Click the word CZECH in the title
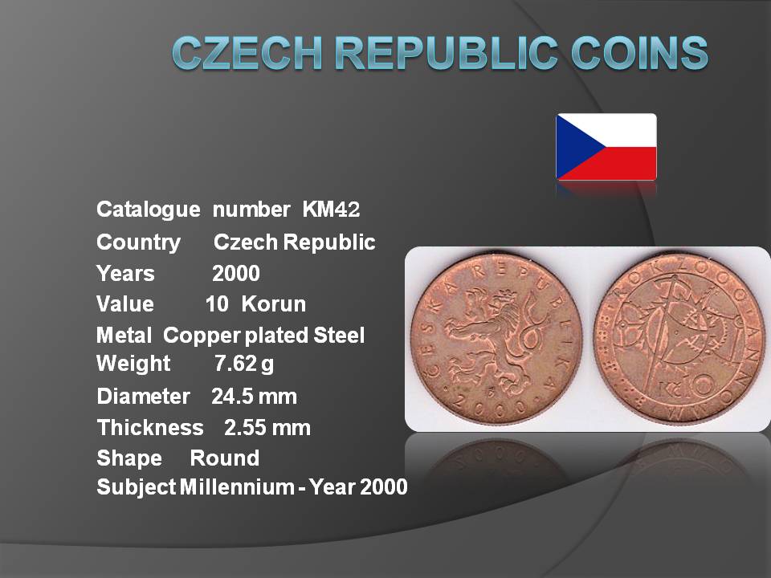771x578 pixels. click(x=247, y=52)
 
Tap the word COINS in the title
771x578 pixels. click(x=639, y=52)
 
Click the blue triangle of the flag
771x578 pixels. click(x=575, y=147)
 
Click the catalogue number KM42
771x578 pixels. click(x=331, y=210)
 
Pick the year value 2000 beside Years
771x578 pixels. click(x=236, y=273)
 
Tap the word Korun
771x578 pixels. click(x=273, y=304)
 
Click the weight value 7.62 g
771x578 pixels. click(x=244, y=364)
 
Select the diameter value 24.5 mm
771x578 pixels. click(x=255, y=396)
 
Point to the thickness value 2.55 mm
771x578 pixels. click(x=267, y=428)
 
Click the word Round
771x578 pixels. click(x=225, y=458)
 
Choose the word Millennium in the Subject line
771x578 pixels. click(x=237, y=487)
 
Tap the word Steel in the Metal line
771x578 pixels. click(x=339, y=336)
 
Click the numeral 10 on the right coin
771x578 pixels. click(x=699, y=385)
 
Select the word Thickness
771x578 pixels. click(x=150, y=428)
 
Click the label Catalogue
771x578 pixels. click(x=149, y=210)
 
